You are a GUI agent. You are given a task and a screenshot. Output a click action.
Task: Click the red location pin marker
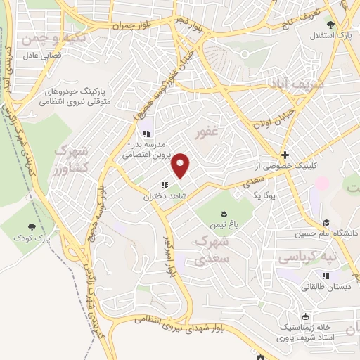[181, 165]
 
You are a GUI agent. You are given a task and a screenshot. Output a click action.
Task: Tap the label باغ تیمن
[225, 226]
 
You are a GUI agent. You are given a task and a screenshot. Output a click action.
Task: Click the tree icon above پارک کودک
[32, 226]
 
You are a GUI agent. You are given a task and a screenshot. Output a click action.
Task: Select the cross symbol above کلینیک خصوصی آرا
[284, 155]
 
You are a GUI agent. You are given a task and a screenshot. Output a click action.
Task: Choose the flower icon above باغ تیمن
[224, 214]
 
